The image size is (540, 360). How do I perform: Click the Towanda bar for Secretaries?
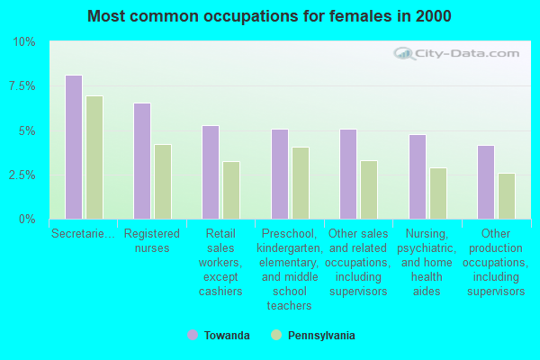pos(74,147)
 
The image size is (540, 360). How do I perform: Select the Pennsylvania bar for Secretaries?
pos(94,157)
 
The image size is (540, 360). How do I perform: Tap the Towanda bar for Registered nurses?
pos(142,161)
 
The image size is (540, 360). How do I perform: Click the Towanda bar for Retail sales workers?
pos(211,172)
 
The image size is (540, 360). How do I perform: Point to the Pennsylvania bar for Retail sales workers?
pos(231,190)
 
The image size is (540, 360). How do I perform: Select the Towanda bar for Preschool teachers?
pos(280,174)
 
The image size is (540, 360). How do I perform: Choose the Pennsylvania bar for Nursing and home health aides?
pos(438,193)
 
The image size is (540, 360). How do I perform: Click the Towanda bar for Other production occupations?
pos(486,182)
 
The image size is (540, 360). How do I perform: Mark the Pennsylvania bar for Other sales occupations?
pos(369,190)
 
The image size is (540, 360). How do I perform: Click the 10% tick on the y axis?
pos(24,42)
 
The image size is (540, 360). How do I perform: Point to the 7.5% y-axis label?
pos(22,86)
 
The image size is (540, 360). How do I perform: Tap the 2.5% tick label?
pos(22,175)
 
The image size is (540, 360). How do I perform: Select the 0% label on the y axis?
pos(28,219)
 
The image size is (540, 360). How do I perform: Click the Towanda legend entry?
pos(220,336)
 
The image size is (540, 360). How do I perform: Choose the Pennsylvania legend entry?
pos(315,336)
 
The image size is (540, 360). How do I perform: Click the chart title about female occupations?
pos(270,16)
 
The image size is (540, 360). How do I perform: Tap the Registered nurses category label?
pos(152,240)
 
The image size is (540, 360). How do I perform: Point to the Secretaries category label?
pos(83,233)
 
